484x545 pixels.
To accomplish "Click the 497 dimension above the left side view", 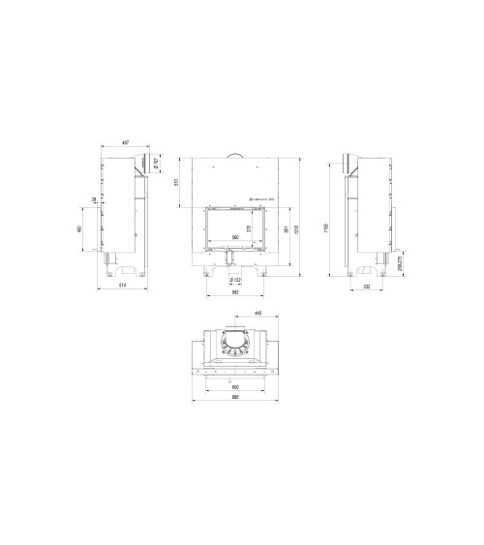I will [125, 142].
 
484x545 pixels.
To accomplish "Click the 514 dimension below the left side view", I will [123, 288].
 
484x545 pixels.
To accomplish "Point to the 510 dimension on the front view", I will [176, 181].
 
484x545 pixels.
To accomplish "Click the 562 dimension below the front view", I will [234, 292].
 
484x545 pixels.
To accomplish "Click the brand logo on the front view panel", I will [258, 198].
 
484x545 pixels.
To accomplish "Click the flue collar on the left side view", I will [141, 163].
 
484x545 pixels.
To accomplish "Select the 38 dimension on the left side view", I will [93, 199].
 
